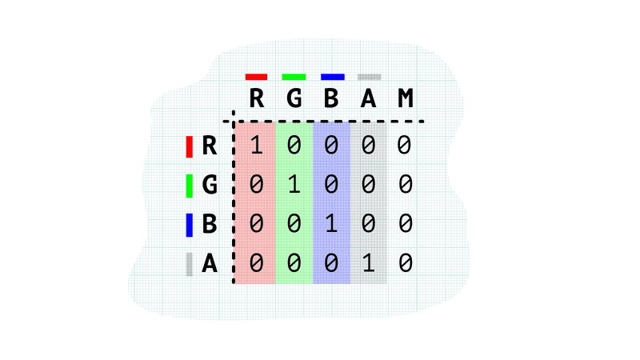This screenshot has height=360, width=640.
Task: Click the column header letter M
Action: click(406, 98)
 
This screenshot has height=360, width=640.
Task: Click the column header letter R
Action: click(256, 98)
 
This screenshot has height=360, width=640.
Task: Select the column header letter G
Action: click(294, 98)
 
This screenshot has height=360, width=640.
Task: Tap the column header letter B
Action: click(331, 98)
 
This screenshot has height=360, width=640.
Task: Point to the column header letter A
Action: click(369, 98)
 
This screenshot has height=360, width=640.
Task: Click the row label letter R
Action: click(210, 146)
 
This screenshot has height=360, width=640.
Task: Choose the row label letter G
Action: click(210, 185)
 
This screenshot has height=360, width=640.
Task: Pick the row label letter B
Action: click(210, 224)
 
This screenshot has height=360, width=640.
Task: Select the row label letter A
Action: click(210, 263)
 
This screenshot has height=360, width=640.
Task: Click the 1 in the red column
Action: click(256, 146)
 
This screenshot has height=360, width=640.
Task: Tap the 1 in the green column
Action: click(294, 185)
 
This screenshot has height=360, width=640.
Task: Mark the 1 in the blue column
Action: click(331, 224)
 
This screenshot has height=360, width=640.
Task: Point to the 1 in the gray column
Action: click(369, 263)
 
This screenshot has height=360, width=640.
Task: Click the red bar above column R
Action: click(256, 77)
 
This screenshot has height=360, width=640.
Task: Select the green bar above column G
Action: click(294, 77)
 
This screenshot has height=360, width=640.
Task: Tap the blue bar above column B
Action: click(332, 77)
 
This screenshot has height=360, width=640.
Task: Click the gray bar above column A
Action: click(370, 77)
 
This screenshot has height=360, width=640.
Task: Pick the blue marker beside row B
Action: click(190, 225)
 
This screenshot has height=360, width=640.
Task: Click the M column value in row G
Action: click(406, 185)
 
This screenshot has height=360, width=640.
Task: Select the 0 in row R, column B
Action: click(331, 146)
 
